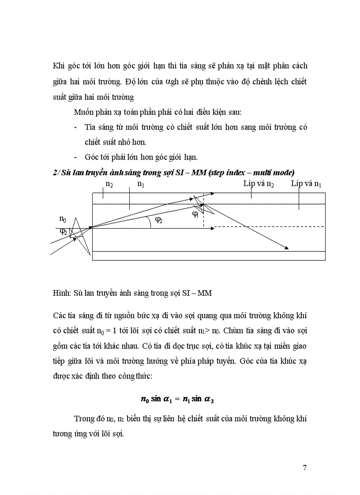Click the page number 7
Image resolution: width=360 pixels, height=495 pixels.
304,468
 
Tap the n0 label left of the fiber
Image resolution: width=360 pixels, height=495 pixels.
63,219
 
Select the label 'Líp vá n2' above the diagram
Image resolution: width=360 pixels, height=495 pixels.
259,184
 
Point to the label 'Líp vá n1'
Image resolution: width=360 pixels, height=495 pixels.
306,184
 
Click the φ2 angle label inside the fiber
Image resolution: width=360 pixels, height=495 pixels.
158,221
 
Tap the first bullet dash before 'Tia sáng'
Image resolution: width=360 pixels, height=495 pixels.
76,127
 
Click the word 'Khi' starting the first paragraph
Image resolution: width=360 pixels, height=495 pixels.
58,66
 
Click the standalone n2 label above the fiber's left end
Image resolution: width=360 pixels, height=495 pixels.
109,185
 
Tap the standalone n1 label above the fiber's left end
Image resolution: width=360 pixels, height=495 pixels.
141,185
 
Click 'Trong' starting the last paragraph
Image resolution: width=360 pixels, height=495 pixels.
84,419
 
